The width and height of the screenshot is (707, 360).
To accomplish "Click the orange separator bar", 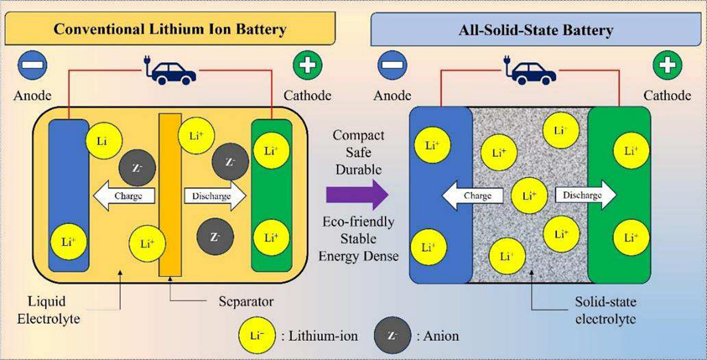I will [x=170, y=195].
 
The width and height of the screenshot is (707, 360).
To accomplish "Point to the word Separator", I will [x=246, y=301].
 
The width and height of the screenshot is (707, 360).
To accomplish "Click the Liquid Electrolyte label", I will [x=48, y=310].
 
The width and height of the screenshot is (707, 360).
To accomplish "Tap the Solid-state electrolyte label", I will [x=605, y=310].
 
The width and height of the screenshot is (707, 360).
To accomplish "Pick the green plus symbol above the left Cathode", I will [x=307, y=65].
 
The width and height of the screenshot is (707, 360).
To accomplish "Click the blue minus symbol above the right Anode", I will [x=392, y=65].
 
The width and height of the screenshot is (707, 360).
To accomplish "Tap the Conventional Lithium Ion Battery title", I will [x=170, y=29].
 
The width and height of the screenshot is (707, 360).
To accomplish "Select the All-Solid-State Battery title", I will [x=536, y=30].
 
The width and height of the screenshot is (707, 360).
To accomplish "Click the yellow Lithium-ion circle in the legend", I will [x=257, y=336].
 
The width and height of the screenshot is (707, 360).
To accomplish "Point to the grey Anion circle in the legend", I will [x=392, y=336].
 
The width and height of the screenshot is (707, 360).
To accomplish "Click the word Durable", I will [x=358, y=170].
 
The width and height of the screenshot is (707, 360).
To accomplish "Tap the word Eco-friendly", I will [x=358, y=221].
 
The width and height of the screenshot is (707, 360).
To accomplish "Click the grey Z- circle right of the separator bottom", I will [x=215, y=237].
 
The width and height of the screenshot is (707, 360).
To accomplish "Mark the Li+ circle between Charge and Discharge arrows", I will [x=529, y=196].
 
